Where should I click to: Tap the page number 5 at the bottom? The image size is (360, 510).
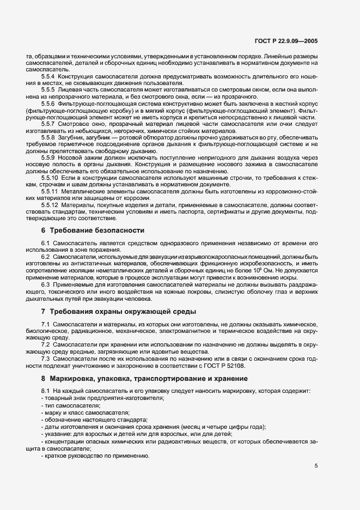click(x=316, y=466)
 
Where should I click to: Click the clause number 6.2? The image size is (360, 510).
click(x=46, y=256)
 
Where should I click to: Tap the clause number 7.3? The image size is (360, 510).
click(x=46, y=359)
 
